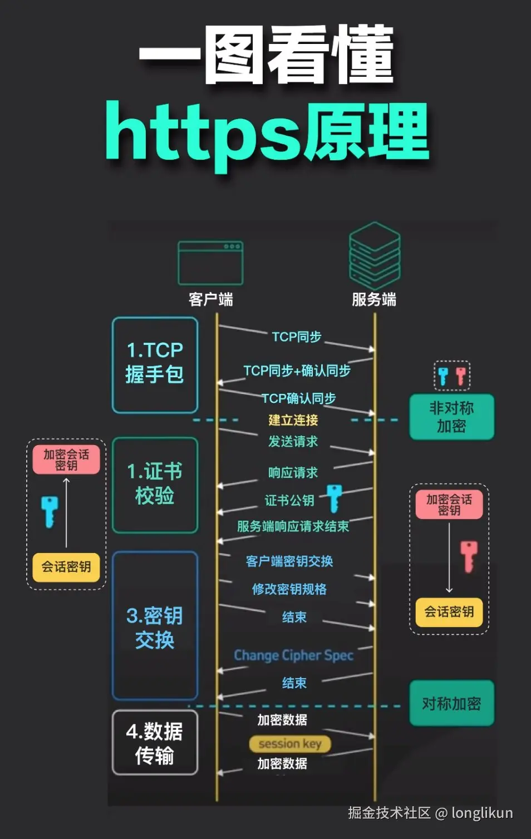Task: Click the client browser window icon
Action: (210, 263)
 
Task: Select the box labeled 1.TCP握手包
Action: (155, 365)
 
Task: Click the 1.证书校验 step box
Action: (155, 485)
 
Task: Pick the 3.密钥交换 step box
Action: (155, 626)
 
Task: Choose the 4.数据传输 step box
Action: (155, 743)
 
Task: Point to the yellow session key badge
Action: (290, 744)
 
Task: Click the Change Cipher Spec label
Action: (293, 655)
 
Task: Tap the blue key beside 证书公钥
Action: (334, 498)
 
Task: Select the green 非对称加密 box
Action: (451, 417)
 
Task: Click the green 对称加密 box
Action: (451, 703)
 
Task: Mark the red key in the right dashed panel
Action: (469, 556)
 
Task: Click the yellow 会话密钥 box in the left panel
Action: (66, 567)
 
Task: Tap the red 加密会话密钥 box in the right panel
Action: (449, 505)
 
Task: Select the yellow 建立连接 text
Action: (293, 420)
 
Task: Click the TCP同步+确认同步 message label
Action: (297, 371)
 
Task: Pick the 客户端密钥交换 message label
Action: (289, 561)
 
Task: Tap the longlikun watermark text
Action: (482, 813)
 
